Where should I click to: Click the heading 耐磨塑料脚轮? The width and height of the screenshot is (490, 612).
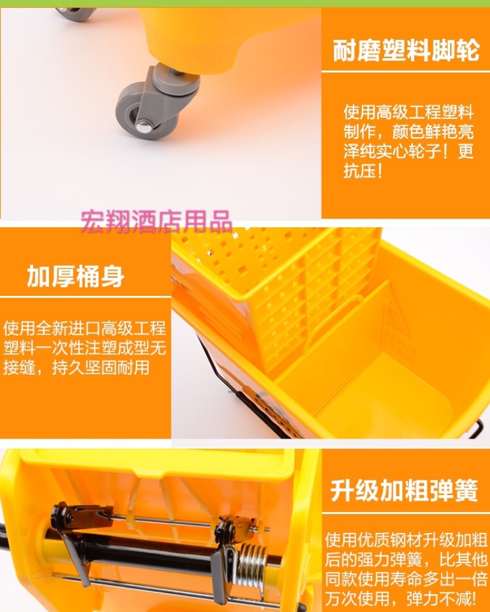tap(405, 50)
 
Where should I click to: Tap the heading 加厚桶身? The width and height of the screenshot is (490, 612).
tap(75, 276)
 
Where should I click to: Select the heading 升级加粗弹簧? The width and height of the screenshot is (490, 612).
tap(404, 490)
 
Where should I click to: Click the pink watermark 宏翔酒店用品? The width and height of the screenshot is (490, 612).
tap(156, 221)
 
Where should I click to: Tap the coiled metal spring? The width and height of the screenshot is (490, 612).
tap(251, 564)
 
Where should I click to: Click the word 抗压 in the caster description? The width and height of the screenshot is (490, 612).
tap(360, 170)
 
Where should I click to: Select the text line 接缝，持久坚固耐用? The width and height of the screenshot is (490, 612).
tap(77, 368)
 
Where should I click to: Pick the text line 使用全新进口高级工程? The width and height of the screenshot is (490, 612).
tap(85, 328)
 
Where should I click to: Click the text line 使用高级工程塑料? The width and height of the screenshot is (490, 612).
tap(409, 112)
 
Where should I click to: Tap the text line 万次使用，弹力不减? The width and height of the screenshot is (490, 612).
tap(401, 597)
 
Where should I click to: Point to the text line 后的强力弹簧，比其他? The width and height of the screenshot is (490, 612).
tap(405, 559)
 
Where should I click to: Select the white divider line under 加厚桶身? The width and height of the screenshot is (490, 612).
tap(85, 297)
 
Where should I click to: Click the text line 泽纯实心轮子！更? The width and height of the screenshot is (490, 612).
tap(409, 151)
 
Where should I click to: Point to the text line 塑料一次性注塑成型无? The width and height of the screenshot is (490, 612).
tap(85, 348)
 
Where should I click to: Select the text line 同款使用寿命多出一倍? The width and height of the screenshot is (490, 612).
tap(405, 578)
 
